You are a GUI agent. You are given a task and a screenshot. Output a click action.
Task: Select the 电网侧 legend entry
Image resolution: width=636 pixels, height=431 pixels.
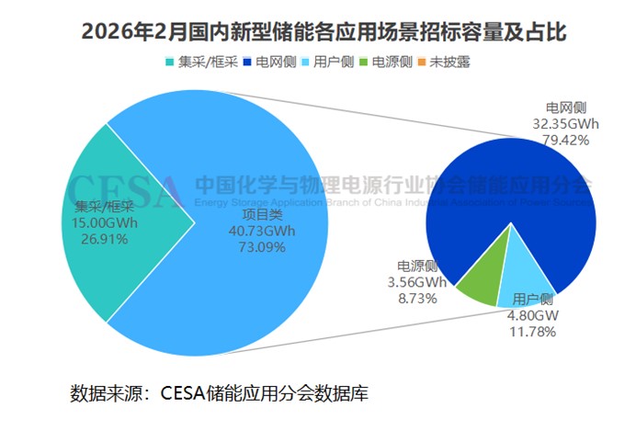coord(270,62)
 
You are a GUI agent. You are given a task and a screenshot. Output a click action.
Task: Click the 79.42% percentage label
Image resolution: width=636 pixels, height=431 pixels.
coord(566,140)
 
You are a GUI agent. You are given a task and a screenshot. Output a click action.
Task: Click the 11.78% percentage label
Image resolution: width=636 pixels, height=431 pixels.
coord(533,331)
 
